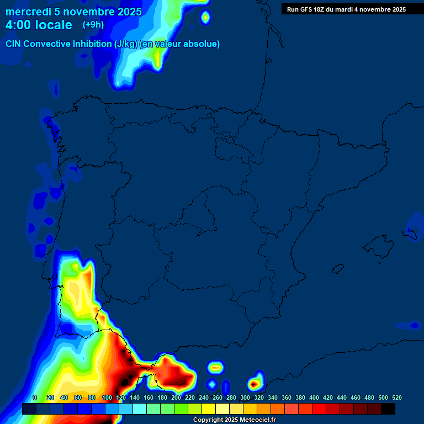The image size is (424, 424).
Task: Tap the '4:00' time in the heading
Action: point(18,25)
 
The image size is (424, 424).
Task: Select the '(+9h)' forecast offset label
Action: point(93,25)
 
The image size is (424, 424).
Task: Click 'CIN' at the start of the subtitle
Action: point(14,44)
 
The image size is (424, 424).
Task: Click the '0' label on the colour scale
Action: point(35,398)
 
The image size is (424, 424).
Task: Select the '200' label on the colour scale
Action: point(176,398)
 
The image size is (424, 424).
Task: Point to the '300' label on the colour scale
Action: point(245,398)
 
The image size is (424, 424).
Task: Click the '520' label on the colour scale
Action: point(396,398)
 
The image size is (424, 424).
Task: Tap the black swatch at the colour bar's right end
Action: point(388,409)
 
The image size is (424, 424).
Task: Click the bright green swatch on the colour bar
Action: point(181,409)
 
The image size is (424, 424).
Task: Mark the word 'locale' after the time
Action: point(54,25)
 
